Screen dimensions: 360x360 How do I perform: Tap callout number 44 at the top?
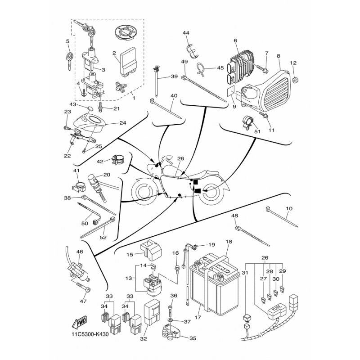(186, 33)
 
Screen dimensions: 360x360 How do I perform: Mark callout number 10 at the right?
(289, 208)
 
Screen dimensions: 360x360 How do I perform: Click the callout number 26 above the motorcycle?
(181, 158)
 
